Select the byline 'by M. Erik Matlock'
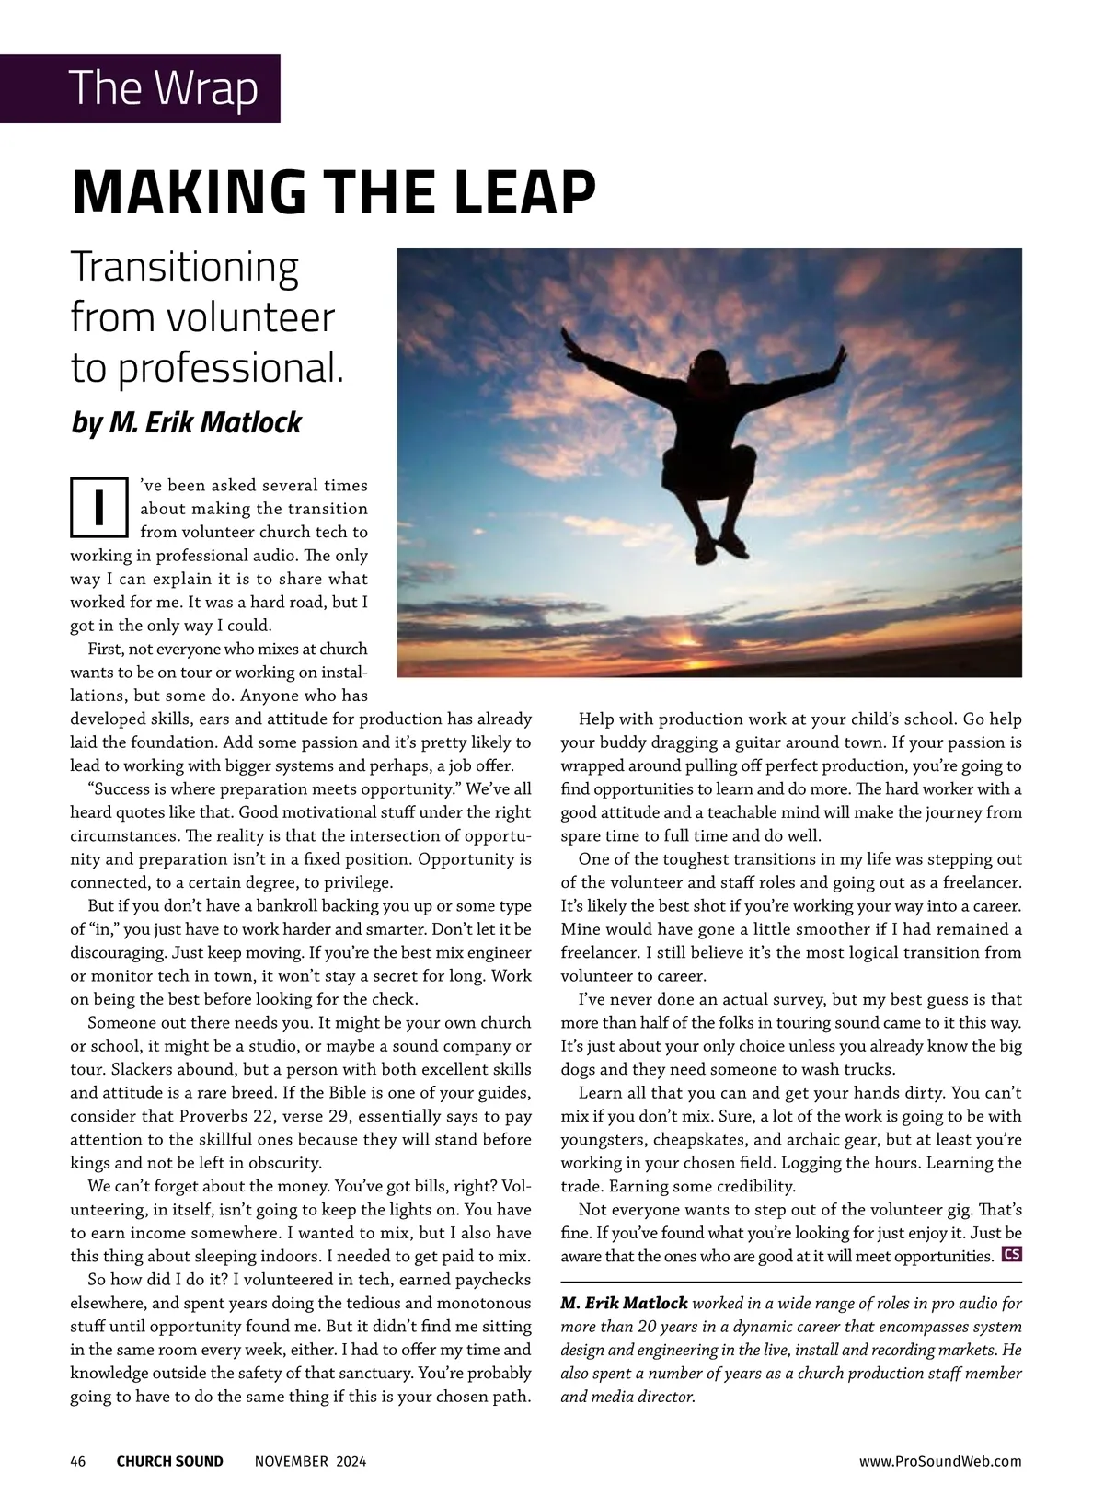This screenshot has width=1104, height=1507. click(186, 422)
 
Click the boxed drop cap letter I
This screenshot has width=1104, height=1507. click(98, 506)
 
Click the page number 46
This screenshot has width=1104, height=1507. click(78, 1461)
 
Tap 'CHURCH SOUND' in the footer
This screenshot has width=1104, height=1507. click(169, 1461)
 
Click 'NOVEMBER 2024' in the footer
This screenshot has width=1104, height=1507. click(309, 1461)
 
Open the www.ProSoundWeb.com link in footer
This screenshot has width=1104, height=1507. click(939, 1461)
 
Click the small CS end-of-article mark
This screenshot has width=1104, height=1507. click(1011, 1254)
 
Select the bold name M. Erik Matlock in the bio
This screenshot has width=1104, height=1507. click(624, 1304)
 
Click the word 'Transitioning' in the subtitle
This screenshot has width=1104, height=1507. click(185, 268)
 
